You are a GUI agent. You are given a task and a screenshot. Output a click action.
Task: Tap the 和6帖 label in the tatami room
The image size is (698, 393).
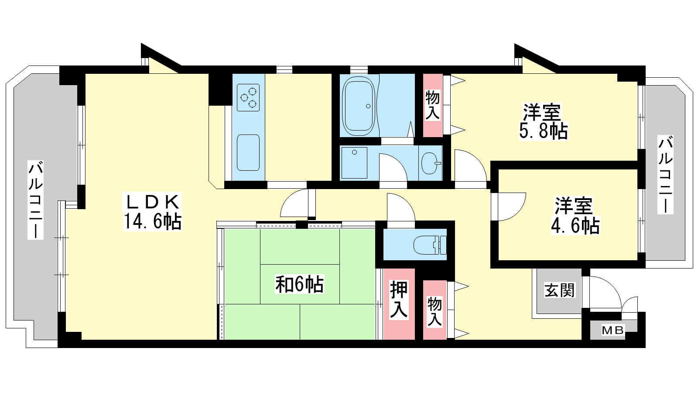coord(299,284)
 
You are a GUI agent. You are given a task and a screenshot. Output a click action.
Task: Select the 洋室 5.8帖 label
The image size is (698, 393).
coord(544,122)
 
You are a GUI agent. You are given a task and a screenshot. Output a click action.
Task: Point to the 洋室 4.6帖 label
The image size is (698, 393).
coord(575,216)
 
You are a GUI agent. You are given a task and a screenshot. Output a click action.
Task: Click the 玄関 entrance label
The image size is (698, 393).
coord(559,290)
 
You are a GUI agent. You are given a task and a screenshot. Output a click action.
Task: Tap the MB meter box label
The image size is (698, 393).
coord(612,330)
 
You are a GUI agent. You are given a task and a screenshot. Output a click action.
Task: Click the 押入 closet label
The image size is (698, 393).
coord(399,300)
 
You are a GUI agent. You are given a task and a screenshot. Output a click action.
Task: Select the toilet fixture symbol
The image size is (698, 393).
coord(430,245)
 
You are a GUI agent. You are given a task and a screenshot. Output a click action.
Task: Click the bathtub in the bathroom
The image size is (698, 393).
coord(358,106)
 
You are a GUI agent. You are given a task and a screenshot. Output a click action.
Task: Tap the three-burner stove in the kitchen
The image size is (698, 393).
coord(248,98)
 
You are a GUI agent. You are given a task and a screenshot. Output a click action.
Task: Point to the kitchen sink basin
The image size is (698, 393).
coord(248,153)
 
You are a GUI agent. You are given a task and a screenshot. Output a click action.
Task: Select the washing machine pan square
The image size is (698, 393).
coord(354,163)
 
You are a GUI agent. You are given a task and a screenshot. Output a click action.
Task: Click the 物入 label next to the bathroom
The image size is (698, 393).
coord(432,105)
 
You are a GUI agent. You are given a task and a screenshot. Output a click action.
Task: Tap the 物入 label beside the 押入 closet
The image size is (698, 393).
coord(435,312)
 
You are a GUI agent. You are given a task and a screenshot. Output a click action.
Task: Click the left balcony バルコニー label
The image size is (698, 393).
coord(35,200)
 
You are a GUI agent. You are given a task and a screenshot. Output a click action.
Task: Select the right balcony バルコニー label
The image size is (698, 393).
coord(665,175)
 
